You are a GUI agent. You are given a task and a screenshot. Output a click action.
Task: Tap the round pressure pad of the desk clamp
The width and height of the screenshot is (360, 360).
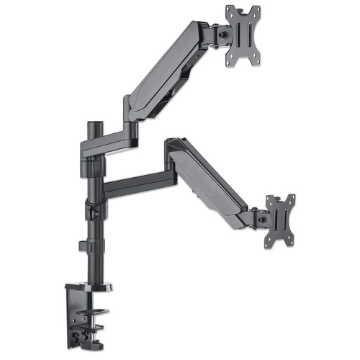click(x=97, y=313)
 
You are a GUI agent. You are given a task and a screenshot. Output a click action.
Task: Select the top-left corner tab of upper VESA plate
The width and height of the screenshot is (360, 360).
click(x=230, y=12)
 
